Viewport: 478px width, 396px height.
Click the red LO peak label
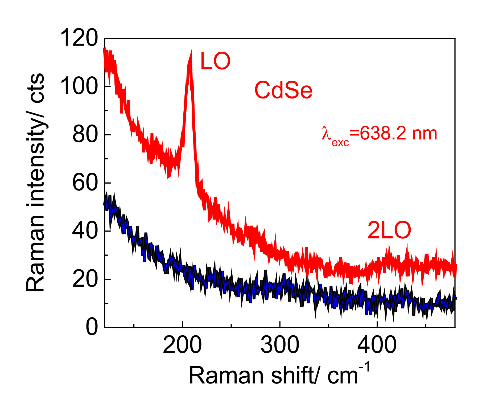[x=215, y=61]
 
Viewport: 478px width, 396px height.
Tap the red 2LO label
[x=389, y=230]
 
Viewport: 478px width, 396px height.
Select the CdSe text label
[x=283, y=90]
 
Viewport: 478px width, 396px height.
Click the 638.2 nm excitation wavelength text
[x=398, y=134]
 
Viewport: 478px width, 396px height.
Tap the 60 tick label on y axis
[x=85, y=183]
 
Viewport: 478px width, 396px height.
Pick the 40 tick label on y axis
[x=85, y=231]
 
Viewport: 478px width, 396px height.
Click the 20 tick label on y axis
[x=85, y=279]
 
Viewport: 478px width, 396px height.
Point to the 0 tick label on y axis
[x=92, y=327]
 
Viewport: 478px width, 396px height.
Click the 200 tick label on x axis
[x=182, y=345]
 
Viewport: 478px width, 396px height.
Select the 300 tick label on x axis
[x=280, y=345]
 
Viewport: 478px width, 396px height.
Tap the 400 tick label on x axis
[x=377, y=345]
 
